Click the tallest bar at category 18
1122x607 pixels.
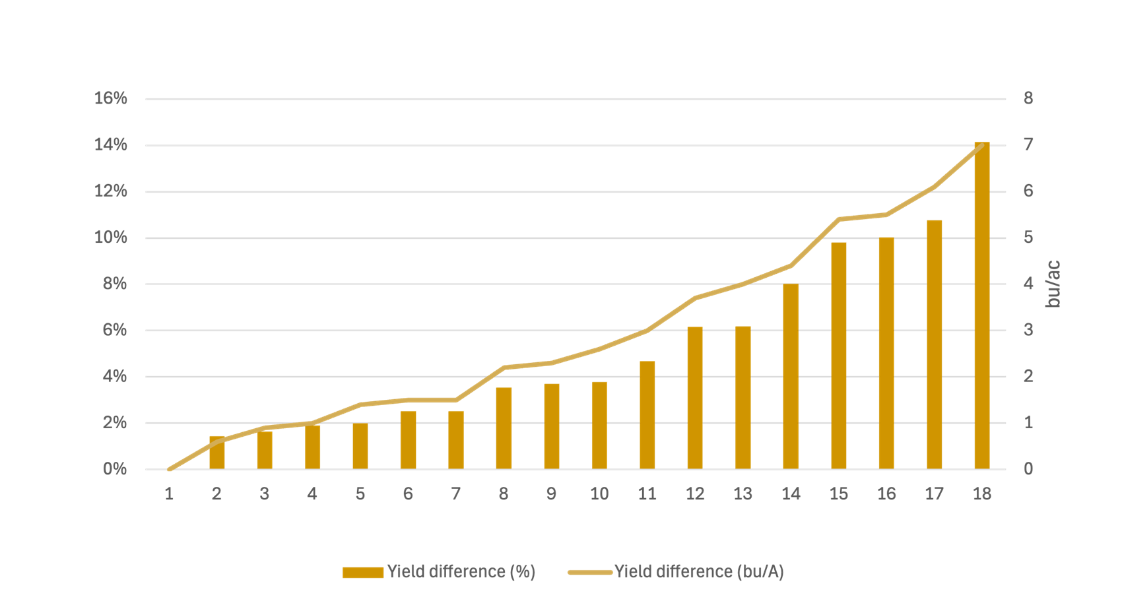click(982, 305)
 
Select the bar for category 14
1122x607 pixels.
click(791, 377)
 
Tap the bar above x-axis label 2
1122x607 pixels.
click(217, 453)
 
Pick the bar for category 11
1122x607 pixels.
click(647, 415)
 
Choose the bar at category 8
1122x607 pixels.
click(504, 428)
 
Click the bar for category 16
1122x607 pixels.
click(886, 353)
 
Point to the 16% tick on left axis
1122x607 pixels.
click(111, 98)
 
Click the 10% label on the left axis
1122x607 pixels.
click(111, 238)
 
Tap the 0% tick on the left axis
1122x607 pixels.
click(115, 469)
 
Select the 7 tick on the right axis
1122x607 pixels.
click(1028, 144)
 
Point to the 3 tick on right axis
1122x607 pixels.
click(1028, 330)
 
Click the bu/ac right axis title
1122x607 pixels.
click(1053, 284)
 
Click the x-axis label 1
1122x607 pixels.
click(170, 494)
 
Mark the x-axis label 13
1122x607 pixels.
click(742, 494)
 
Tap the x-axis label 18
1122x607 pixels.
click(982, 494)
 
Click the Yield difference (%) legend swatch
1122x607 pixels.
click(363, 573)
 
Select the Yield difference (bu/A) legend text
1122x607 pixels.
click(699, 572)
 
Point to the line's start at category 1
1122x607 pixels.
click(170, 469)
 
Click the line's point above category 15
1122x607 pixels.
click(838, 219)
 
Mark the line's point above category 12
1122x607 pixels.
click(695, 298)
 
